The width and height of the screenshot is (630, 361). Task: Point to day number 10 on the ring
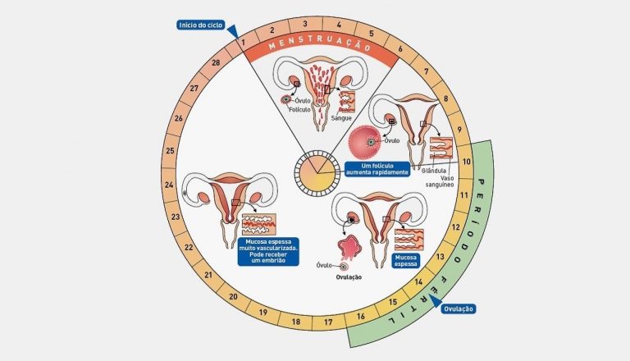point(466,162)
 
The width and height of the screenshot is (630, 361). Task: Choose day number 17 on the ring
point(327,322)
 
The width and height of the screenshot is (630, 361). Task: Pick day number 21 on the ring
point(208,276)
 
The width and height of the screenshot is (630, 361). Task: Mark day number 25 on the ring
point(170,151)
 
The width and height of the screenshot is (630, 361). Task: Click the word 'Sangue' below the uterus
point(341,118)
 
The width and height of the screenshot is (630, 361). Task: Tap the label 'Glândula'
point(433,170)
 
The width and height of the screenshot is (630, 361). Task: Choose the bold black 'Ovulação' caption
point(349,277)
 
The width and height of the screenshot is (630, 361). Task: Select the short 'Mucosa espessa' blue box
point(405,261)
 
